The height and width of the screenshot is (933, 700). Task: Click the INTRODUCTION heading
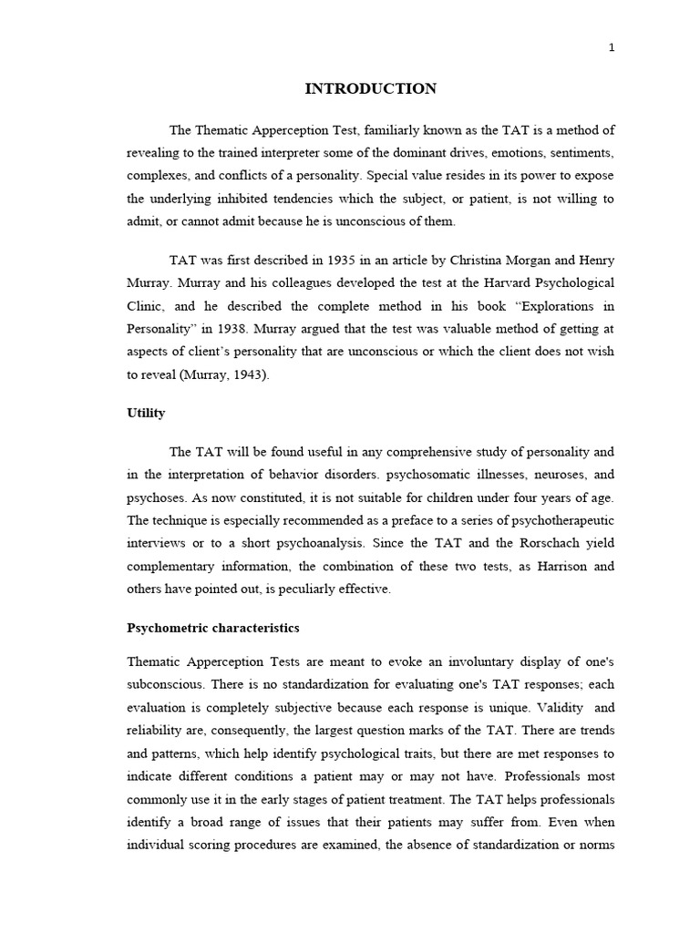coord(370,88)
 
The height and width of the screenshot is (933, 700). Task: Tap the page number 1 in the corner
coord(612,48)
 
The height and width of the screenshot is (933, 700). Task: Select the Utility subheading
coord(146,413)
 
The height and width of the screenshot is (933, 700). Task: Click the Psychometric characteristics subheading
coord(212,629)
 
